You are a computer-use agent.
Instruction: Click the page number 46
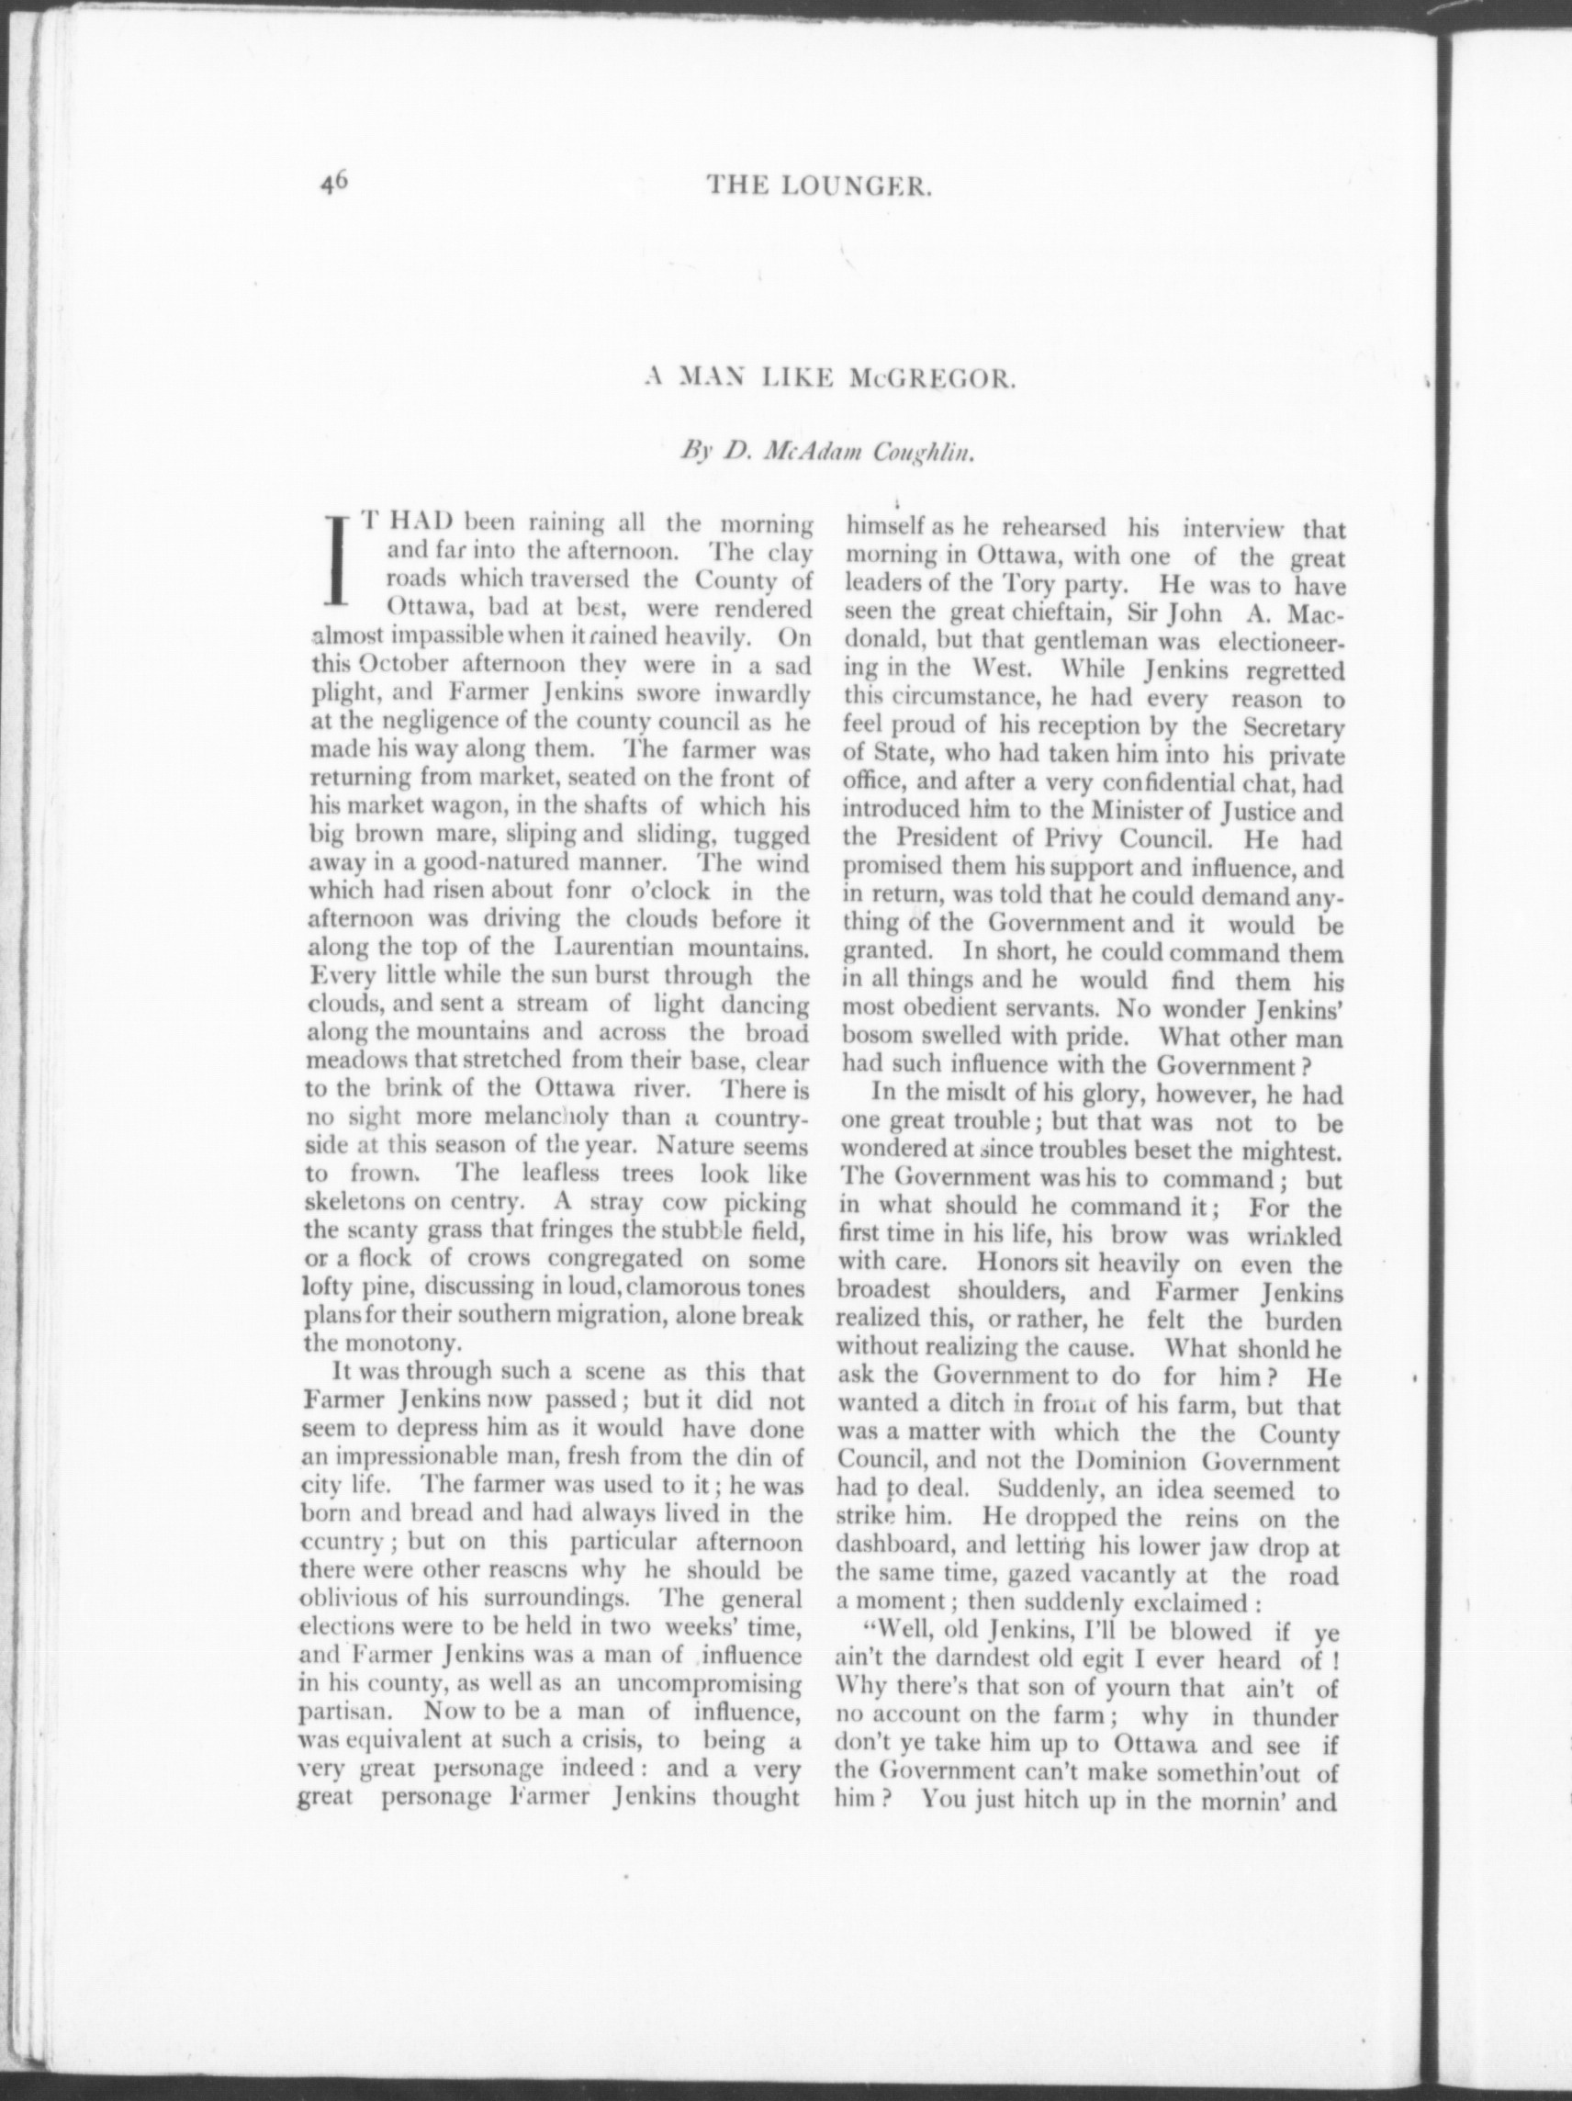[x=335, y=182]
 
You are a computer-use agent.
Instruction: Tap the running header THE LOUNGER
[x=819, y=187]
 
